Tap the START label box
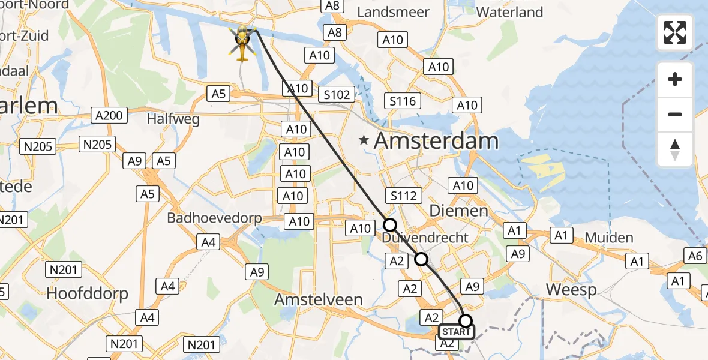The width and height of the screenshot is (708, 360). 456,332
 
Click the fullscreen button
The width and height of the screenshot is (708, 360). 675,32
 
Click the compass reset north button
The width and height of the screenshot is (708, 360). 675,149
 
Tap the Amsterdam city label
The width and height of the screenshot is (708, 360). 436,142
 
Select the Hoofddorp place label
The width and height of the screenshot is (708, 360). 88,294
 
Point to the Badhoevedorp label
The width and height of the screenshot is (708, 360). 215,218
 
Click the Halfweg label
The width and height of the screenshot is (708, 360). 173,119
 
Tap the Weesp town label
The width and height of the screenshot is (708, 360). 571,290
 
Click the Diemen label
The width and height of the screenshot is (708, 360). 459,211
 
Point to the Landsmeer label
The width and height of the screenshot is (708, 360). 393,12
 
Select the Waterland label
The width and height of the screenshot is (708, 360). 509,12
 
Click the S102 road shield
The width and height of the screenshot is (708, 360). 337,95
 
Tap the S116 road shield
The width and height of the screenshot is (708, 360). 403,101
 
